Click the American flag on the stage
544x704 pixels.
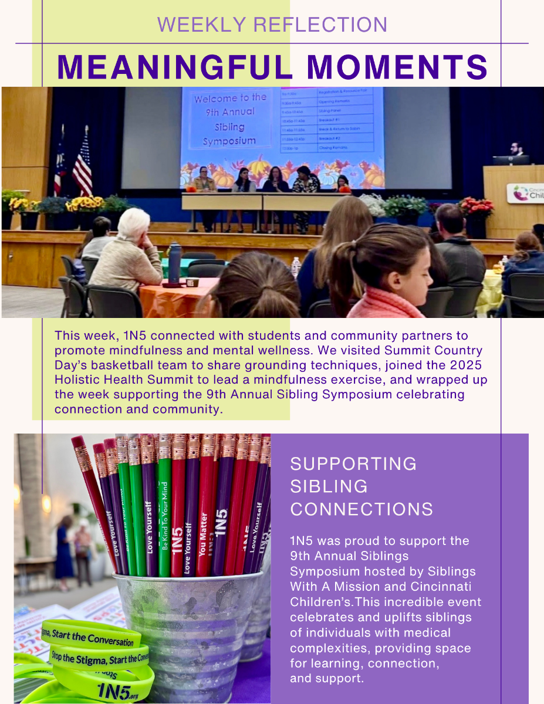pos(82,167)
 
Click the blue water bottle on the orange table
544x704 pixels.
pos(174,262)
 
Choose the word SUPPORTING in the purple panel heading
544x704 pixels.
pos(353,463)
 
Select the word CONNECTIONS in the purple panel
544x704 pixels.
pos(361,509)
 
